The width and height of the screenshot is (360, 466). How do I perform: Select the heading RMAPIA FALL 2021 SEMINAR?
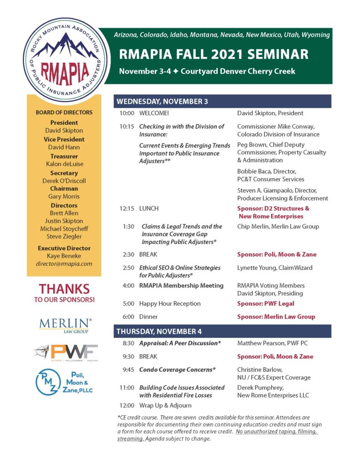tap(213, 55)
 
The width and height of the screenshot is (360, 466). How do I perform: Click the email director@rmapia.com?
tap(64, 264)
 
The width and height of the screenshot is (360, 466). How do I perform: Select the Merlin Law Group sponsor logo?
tap(65, 325)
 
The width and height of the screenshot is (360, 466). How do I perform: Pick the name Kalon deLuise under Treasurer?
tap(64, 164)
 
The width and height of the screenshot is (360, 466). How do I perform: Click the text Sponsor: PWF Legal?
tap(265, 304)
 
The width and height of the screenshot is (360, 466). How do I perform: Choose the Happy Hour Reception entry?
tap(170, 304)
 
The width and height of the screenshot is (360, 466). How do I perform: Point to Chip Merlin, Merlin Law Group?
tap(278, 226)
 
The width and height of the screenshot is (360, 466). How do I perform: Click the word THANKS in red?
tap(64, 289)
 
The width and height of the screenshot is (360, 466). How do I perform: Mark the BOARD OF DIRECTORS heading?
tap(64, 112)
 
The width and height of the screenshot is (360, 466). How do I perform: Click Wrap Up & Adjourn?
tap(165, 405)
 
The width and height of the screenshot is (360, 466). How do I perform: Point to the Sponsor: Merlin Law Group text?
tap(276, 317)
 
